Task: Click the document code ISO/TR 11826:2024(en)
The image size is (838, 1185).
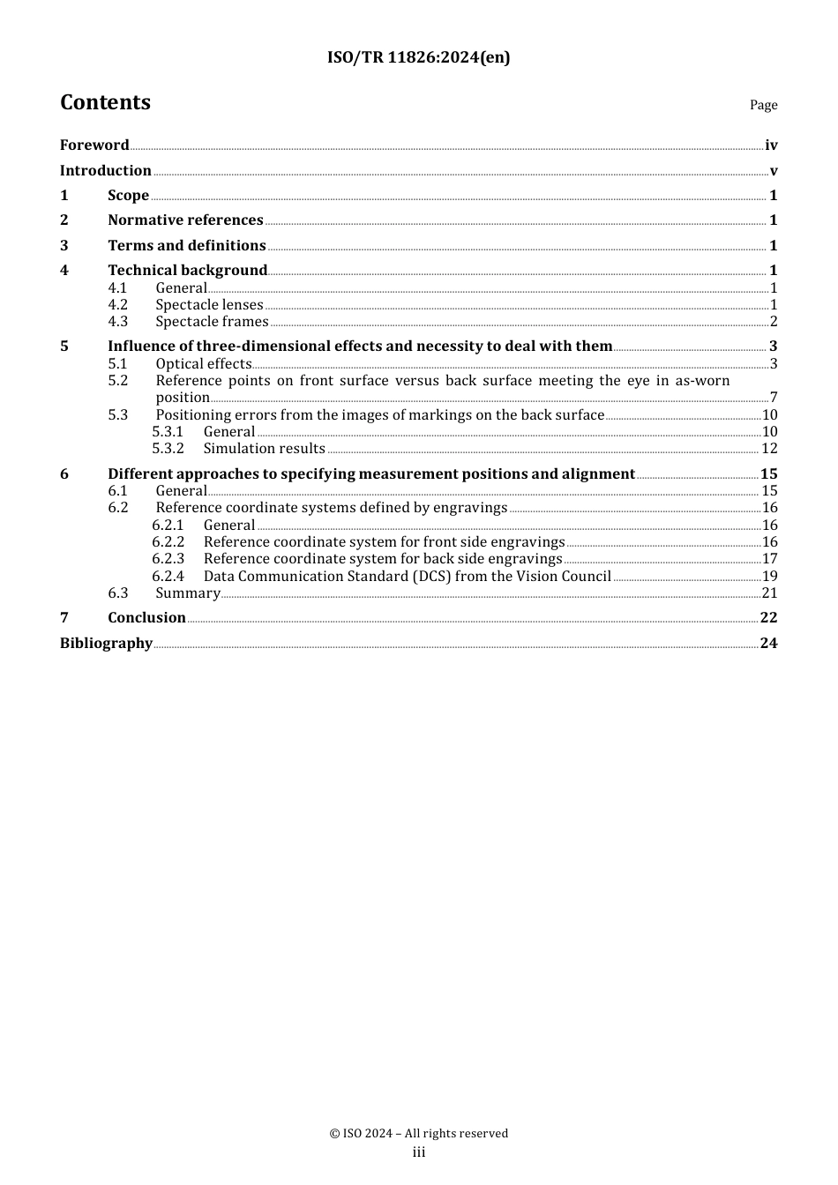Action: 418,57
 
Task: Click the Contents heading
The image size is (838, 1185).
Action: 105,102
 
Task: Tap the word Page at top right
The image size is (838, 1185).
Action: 763,105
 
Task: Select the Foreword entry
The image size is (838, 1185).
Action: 94,145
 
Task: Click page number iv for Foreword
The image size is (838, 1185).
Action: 771,145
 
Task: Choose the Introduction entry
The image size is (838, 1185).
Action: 106,171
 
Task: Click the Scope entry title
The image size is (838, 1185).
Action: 128,196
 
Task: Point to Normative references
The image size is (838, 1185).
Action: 185,220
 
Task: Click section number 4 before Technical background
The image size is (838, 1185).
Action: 64,271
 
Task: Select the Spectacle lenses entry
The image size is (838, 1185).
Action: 209,305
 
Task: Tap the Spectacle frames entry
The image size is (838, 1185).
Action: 212,322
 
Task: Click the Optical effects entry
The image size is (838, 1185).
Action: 204,364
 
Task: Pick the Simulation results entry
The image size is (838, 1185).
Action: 264,449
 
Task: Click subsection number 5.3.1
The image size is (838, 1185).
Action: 168,432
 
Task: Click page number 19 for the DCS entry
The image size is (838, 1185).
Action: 769,577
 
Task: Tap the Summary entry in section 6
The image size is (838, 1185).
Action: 187,593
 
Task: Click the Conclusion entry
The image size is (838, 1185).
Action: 146,618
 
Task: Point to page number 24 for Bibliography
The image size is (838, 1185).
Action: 768,644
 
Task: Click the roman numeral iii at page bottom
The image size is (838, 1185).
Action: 419,1152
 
